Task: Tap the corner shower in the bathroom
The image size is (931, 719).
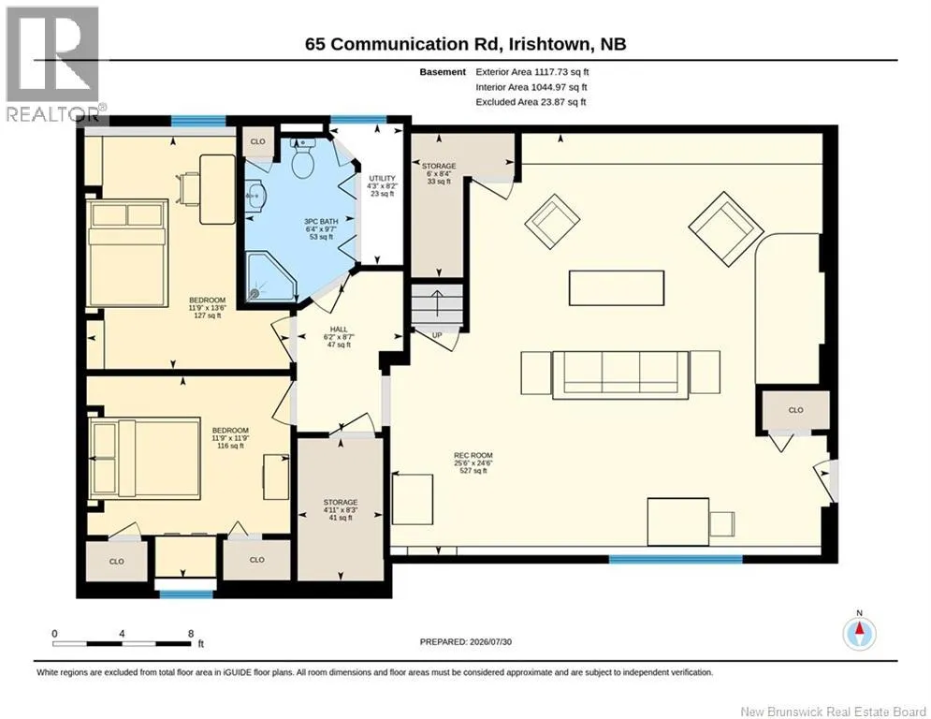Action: click(x=270, y=276)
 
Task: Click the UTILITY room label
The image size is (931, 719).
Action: click(x=382, y=178)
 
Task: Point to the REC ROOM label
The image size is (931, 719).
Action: click(x=473, y=455)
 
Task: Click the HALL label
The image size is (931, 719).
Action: click(x=339, y=330)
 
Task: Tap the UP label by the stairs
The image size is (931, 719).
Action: click(x=437, y=335)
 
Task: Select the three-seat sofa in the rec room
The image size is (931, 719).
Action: click(x=620, y=375)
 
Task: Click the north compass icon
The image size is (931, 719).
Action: click(x=859, y=634)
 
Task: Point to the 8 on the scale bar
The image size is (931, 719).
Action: click(x=191, y=634)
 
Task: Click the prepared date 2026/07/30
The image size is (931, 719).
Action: click(x=490, y=641)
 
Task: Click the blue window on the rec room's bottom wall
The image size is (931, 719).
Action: click(x=676, y=559)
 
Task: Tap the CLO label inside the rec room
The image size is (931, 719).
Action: click(x=795, y=410)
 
